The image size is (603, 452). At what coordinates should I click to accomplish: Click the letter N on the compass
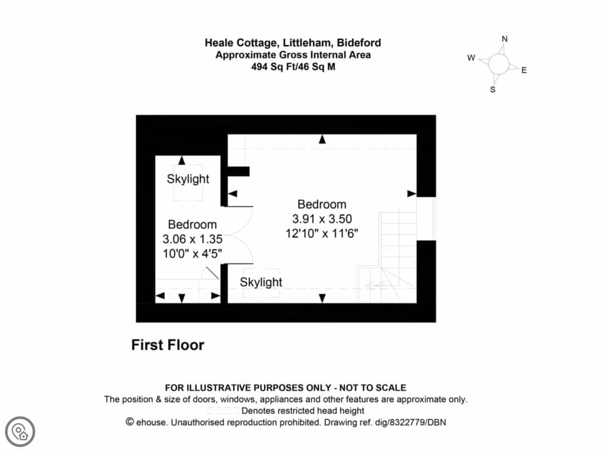505,39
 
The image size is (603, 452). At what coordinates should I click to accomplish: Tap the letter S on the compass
493,89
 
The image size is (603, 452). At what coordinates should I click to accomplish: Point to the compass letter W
471,58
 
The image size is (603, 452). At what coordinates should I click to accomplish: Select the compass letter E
524,70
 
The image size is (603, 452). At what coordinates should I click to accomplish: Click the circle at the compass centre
498,64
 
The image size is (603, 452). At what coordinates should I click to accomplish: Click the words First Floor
168,345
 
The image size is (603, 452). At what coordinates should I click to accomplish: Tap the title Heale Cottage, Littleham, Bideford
293,43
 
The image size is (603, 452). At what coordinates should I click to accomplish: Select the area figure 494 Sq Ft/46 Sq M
293,67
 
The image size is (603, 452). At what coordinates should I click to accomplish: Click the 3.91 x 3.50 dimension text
322,219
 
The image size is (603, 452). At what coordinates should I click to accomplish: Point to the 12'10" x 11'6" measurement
322,234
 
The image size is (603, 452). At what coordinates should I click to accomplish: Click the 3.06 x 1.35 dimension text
192,239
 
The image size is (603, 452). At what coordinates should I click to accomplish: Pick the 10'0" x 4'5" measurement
192,254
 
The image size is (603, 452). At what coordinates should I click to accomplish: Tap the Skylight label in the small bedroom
188,179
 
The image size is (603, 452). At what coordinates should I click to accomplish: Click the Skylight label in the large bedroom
261,282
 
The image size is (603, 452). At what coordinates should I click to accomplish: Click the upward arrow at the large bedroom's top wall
322,139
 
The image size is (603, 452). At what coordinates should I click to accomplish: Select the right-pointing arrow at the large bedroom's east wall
412,193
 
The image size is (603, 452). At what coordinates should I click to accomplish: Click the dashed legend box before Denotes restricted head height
223,411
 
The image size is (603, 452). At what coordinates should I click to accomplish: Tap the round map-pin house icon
20,432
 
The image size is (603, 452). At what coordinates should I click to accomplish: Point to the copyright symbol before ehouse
130,422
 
